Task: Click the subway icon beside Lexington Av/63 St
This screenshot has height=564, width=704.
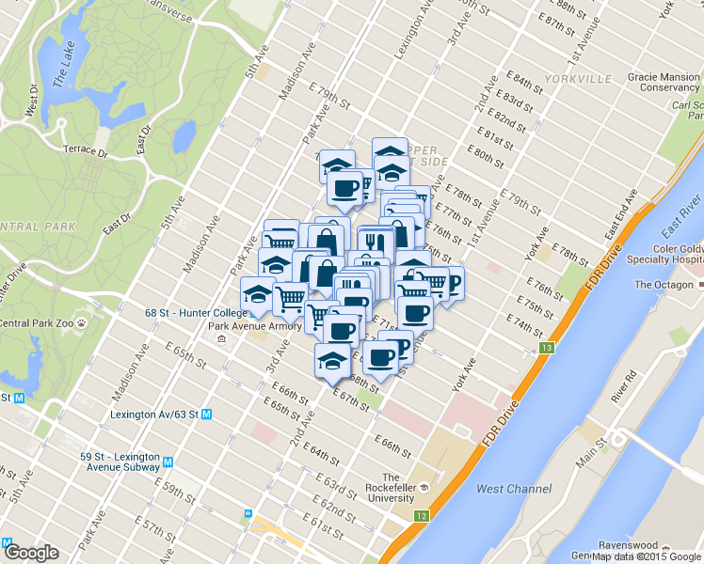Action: click(x=207, y=414)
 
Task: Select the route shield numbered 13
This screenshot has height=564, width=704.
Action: click(x=546, y=349)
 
